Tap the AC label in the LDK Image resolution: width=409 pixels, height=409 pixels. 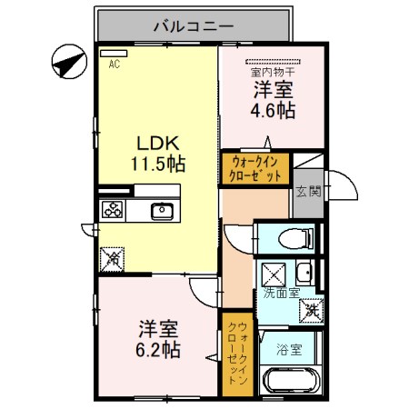coord(115,65)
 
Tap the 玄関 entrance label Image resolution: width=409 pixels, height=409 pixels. coord(307,191)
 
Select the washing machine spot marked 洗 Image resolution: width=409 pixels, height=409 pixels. coord(312,310)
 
